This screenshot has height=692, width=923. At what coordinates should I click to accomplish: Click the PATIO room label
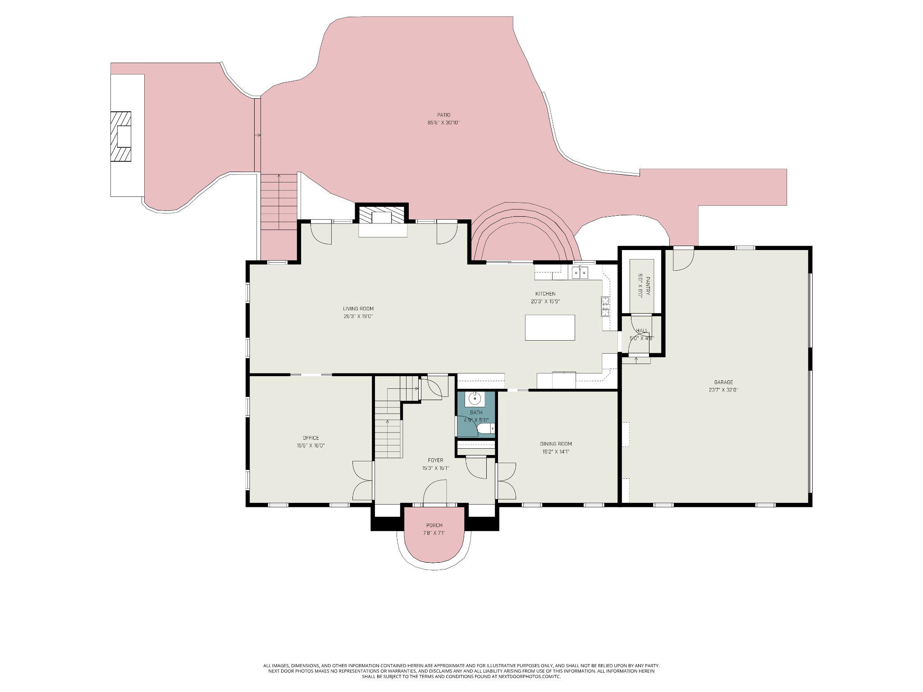[x=443, y=115]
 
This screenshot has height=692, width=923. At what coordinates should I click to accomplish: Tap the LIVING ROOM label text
[x=358, y=309]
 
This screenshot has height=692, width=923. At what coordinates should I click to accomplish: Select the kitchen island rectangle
[x=549, y=328]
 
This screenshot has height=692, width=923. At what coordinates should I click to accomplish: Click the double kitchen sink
[x=580, y=273]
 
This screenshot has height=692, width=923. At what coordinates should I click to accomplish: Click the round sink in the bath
[x=475, y=399]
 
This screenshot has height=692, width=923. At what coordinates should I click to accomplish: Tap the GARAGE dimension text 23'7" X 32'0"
[x=723, y=390]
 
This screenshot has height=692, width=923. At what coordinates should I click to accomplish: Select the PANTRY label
[x=648, y=286]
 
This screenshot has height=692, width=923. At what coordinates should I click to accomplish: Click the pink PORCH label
[x=434, y=525]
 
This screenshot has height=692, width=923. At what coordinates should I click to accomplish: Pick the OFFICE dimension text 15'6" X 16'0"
[x=311, y=446]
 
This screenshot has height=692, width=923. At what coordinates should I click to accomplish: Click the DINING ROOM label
[x=556, y=444]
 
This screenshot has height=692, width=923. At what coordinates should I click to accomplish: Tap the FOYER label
[x=435, y=460]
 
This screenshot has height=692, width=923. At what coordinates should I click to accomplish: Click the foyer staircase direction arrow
[x=388, y=422]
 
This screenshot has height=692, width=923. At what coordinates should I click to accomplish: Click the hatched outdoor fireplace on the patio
[x=121, y=137]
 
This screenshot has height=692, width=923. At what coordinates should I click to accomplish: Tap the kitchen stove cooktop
[x=605, y=306]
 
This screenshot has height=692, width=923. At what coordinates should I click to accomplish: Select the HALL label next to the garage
[x=641, y=331]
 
